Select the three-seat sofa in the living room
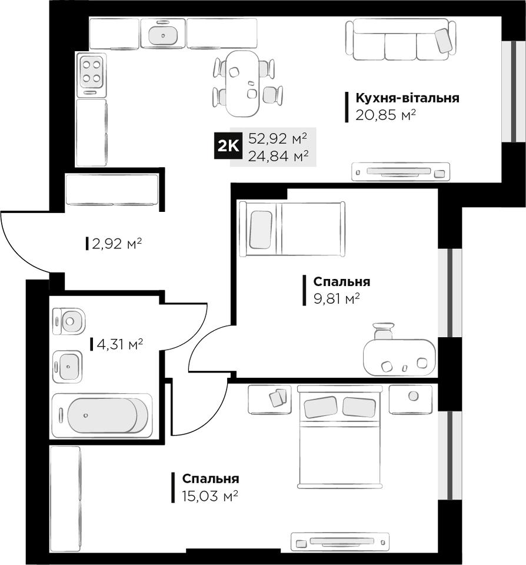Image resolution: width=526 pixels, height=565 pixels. tap(401, 39)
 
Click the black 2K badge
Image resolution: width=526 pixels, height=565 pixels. tap(228, 146)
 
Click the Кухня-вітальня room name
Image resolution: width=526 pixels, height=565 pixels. tap(408, 98)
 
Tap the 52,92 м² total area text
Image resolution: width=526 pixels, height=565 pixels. tap(278, 138)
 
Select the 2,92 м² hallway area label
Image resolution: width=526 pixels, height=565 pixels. tap(116, 244)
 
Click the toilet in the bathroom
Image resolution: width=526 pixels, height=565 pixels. tap(69, 321)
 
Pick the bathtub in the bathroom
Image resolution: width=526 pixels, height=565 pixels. tap(102, 416)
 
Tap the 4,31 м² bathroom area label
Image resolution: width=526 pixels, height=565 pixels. tap(119, 344)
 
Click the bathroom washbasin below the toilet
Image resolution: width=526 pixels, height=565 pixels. tap(68, 367)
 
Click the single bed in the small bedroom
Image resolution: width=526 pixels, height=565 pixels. tap(292, 229)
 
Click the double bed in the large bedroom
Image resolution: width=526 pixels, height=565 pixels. tap(339, 437)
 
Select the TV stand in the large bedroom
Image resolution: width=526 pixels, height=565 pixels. tap(340, 542)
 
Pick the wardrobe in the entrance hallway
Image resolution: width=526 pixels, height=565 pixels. tap(112, 190)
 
